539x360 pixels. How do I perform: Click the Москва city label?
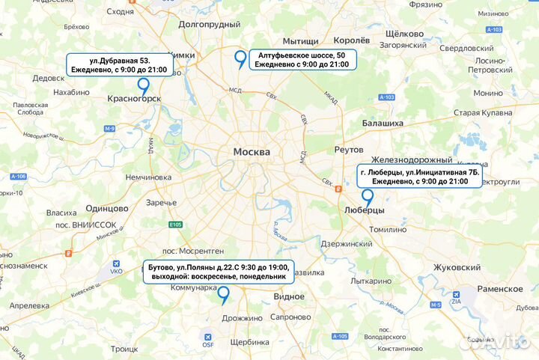point(252,152)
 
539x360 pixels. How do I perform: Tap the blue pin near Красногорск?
point(142,86)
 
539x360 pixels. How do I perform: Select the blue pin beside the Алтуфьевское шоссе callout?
point(240,58)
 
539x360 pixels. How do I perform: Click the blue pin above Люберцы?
point(368,197)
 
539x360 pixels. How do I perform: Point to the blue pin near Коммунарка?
point(223,296)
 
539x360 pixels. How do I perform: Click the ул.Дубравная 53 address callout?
point(120,64)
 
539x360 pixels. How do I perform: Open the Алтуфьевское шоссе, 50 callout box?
point(302,60)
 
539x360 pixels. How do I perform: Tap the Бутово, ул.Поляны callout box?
point(219,271)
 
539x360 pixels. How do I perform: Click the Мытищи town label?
point(300,41)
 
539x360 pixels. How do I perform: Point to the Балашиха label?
point(383,121)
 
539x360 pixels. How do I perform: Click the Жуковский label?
point(457,267)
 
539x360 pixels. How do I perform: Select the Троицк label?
point(124,349)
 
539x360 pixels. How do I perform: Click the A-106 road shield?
point(18,177)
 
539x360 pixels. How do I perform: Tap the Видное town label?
point(289,296)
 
